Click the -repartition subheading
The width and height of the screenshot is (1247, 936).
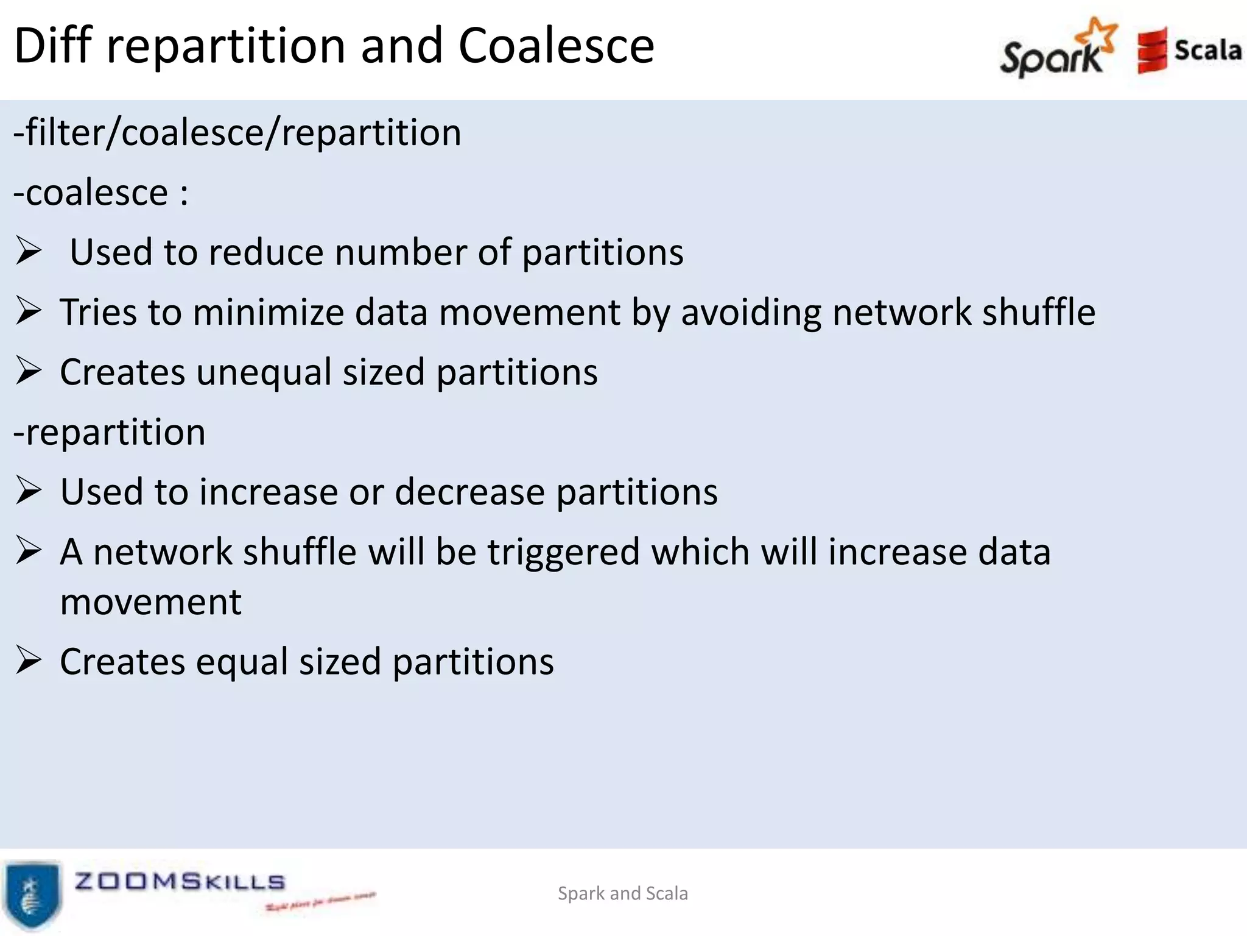(x=110, y=433)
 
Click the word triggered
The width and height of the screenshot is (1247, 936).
(x=563, y=553)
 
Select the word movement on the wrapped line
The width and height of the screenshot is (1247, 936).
(x=151, y=602)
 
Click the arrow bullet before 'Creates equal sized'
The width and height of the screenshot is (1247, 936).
(x=29, y=661)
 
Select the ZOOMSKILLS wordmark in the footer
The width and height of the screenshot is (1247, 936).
(x=180, y=882)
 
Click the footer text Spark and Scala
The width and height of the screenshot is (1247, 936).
(x=623, y=893)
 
